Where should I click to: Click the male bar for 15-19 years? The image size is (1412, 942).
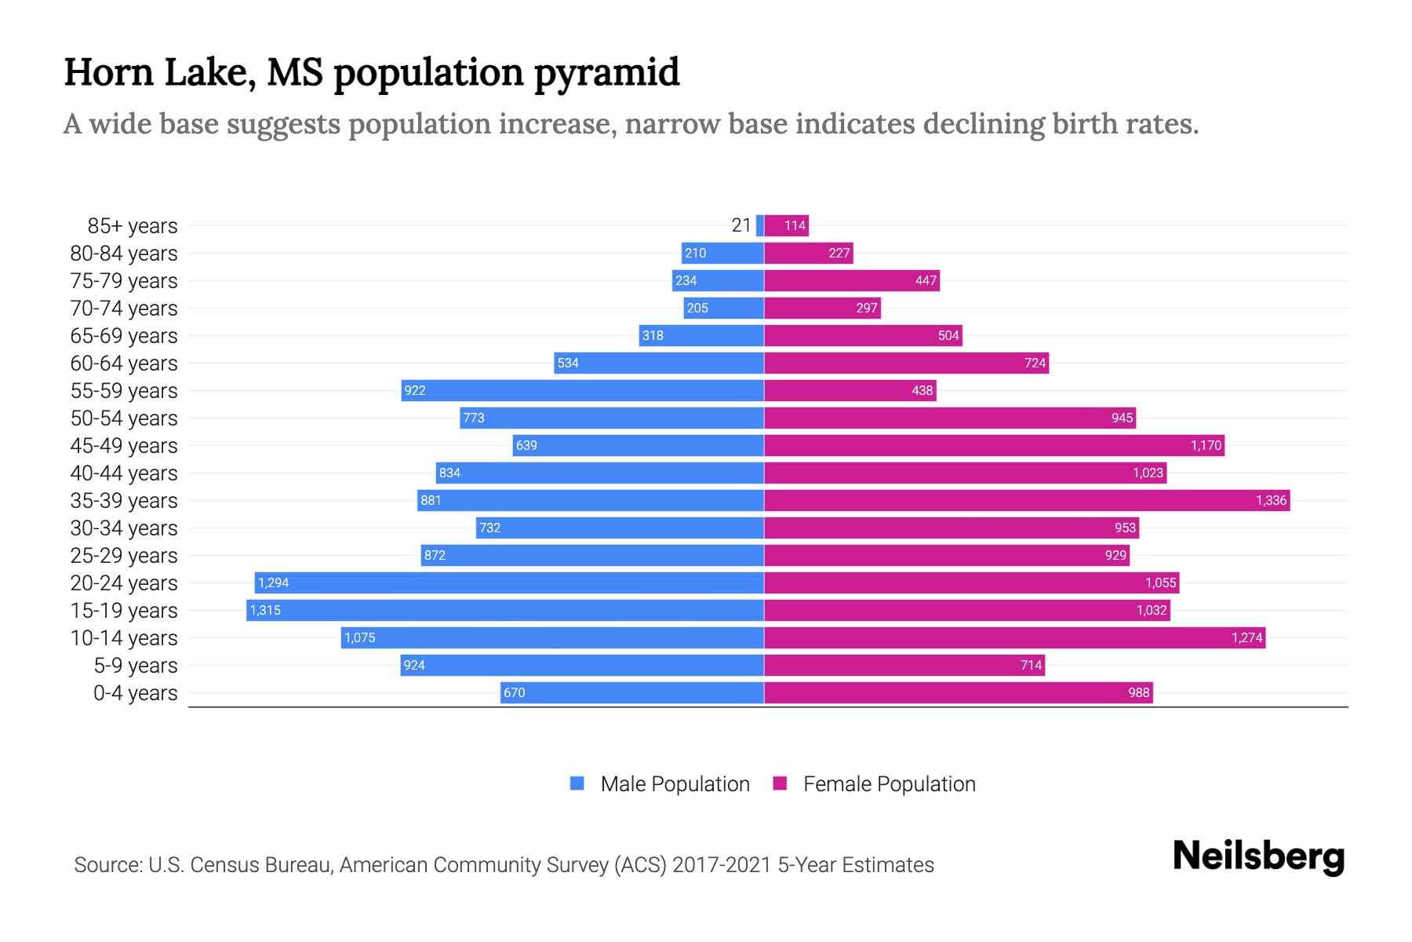pos(505,610)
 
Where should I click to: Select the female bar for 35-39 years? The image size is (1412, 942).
pos(1027,500)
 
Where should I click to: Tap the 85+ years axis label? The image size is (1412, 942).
pos(132,226)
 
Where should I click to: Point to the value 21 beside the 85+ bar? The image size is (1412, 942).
pos(741,225)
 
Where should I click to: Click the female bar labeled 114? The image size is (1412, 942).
pos(787,225)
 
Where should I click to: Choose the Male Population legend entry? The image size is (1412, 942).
pos(660,783)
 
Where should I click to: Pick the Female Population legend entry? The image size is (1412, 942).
pos(875,783)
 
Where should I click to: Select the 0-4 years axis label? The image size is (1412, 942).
pos(135,693)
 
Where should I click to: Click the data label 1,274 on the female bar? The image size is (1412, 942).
pos(1246,637)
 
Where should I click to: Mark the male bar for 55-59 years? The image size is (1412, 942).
pos(582,390)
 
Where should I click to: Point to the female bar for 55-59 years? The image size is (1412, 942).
pos(850,390)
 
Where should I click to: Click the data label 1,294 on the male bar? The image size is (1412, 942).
pos(273,582)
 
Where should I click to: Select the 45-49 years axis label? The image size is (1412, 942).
pos(124,446)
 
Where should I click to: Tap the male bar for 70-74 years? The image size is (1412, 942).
pos(723,308)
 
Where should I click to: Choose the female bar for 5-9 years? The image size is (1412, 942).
pos(904,665)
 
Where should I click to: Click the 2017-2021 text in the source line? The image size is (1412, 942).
pos(722,865)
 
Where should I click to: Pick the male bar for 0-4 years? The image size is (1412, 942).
pos(632,692)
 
